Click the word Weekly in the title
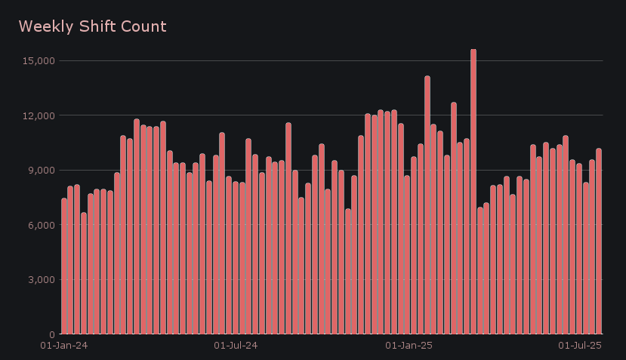pyautogui.click(x=43, y=27)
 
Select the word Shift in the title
pyautogui.click(x=94, y=27)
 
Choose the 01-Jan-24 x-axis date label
pyautogui.click(x=64, y=346)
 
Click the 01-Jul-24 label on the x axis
pyautogui.click(x=236, y=346)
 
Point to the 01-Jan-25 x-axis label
pyautogui.click(x=409, y=346)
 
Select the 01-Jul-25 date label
pyautogui.click(x=579, y=346)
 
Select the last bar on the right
pyautogui.click(x=599, y=242)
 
